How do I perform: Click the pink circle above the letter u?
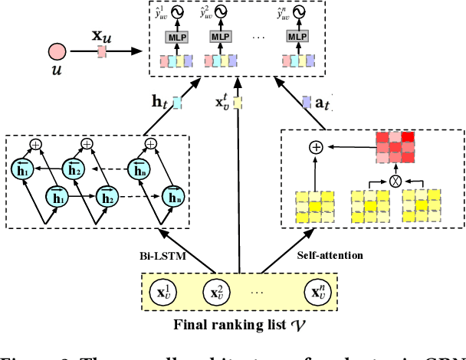pos(57,52)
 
